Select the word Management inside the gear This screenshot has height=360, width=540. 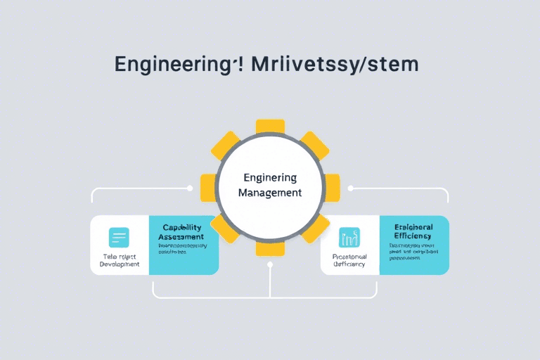point(270,192)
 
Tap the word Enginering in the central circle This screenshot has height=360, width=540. point(270,177)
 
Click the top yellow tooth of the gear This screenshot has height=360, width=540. point(270,127)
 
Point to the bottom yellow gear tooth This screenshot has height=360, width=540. point(270,247)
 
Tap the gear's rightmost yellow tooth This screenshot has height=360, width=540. point(332,188)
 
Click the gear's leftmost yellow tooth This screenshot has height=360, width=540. point(208,188)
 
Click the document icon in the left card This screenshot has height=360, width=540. point(119,238)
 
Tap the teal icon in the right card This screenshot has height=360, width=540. point(349,238)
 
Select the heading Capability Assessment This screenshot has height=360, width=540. point(183,233)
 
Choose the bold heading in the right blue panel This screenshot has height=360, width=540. point(413,233)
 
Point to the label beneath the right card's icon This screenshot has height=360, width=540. point(349,261)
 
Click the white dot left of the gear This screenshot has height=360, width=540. point(190,188)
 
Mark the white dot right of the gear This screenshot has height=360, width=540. point(350,188)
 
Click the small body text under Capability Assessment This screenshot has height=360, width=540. point(183,250)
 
